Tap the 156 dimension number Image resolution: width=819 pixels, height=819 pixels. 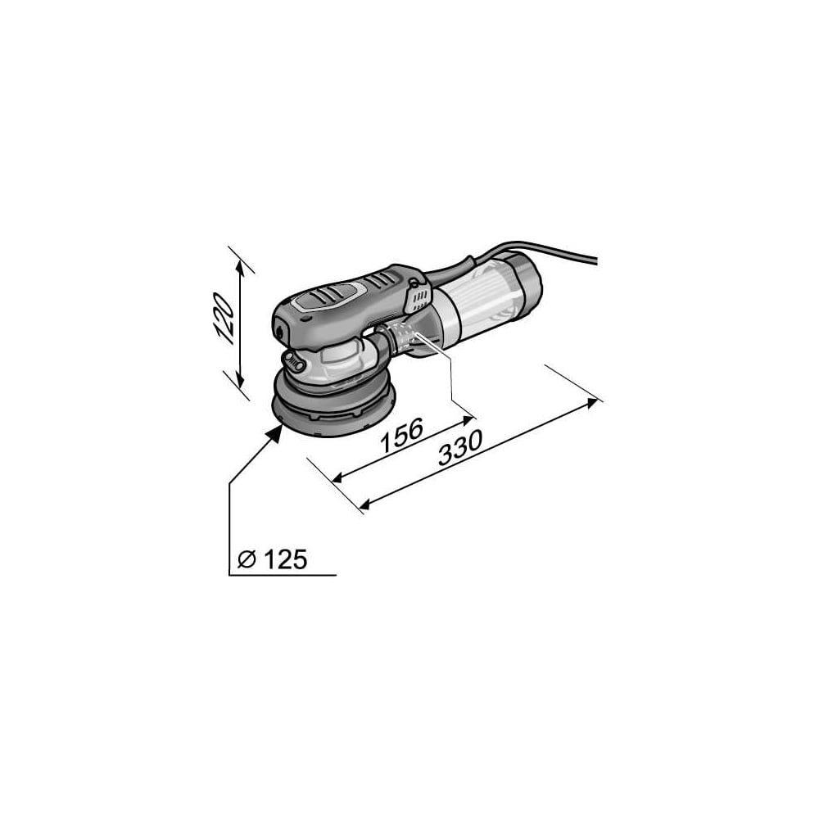pos(401,435)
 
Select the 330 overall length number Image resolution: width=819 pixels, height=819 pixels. pos(459,448)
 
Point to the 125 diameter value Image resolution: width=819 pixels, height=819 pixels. pos(285,560)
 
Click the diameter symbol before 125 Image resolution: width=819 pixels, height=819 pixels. pos(247,560)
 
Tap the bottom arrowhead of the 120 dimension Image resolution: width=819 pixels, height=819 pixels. pos(239,379)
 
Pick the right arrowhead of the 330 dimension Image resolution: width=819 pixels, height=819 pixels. pos(591,403)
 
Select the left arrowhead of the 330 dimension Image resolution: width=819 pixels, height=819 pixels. pos(365,504)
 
